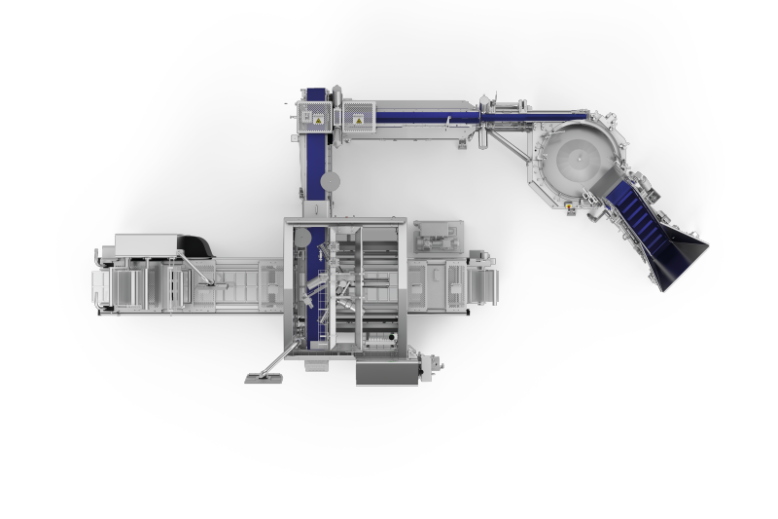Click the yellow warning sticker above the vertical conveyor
click(315, 119)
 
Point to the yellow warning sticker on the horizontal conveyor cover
click(358, 119)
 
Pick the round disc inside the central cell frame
click(302, 237)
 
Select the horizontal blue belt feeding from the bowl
click(428, 117)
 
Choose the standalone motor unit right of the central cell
click(439, 237)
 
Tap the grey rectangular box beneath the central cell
click(386, 373)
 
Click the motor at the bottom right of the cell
click(426, 365)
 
